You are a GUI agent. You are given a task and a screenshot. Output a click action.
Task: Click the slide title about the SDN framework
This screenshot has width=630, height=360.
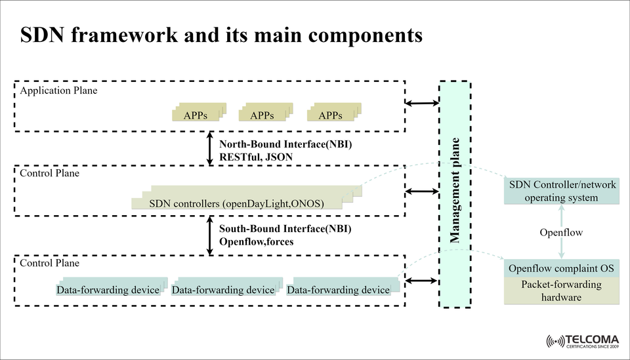tap(221, 35)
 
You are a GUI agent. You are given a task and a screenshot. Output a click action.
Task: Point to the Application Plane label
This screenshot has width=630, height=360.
tap(58, 90)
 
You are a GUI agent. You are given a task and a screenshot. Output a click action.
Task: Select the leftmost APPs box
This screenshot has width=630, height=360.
tap(196, 115)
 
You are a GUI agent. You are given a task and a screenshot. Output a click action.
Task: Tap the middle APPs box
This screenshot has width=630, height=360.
tap(262, 115)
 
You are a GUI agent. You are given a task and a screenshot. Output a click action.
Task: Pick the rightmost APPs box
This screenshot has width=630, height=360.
tap(331, 115)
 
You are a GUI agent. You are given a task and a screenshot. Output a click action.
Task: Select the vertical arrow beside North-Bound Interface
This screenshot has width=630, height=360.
tap(210, 149)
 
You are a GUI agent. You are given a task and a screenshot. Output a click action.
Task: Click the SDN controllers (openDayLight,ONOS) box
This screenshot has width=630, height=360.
tap(237, 203)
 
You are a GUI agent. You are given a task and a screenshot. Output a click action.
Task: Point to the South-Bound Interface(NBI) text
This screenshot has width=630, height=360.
tap(285, 229)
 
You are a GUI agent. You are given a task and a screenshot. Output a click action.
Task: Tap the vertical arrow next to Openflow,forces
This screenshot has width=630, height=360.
tap(210, 237)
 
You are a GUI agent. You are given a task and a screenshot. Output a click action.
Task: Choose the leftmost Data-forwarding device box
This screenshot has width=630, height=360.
tap(108, 289)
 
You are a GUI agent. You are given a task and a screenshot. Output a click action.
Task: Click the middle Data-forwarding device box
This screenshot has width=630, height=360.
tap(223, 289)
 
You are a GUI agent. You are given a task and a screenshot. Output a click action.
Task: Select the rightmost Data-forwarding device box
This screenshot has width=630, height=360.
tap(339, 289)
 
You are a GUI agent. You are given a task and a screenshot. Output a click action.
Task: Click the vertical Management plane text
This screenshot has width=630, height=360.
tap(455, 191)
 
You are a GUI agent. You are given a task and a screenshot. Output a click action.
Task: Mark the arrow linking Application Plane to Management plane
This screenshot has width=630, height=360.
tap(423, 103)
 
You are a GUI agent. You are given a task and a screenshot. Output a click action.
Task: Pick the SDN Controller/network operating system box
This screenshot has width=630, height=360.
tap(561, 191)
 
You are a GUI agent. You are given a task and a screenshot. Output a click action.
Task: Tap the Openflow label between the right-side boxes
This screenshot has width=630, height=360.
tap(561, 233)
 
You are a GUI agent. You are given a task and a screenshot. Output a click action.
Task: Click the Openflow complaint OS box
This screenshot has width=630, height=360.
tap(561, 269)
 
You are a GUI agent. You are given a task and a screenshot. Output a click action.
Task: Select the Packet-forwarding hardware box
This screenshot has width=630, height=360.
tap(561, 291)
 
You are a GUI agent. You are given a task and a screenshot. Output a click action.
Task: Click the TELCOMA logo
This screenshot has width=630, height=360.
tap(582, 341)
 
